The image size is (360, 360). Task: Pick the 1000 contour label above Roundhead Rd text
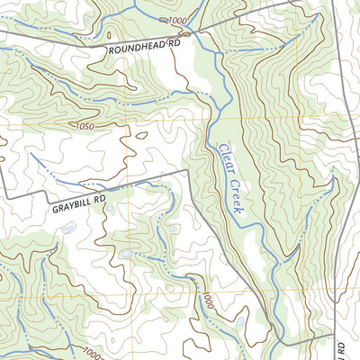pos(178,20)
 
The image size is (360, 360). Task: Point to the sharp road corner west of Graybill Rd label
pos(8,196)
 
